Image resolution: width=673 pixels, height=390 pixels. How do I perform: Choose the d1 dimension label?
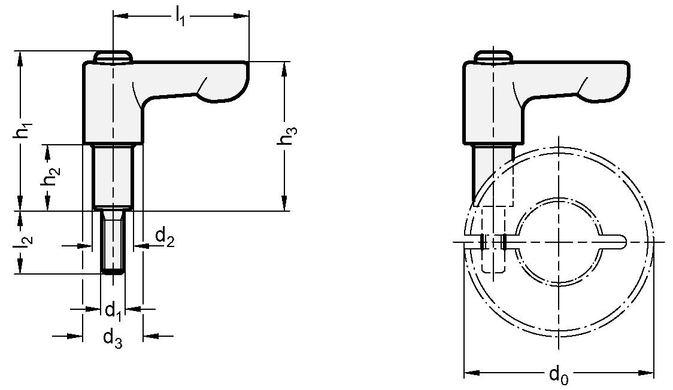point(113,310)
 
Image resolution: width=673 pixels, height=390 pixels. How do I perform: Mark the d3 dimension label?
point(112,338)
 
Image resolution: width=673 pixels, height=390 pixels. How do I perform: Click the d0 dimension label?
point(558,376)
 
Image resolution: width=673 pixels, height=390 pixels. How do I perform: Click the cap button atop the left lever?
point(113,56)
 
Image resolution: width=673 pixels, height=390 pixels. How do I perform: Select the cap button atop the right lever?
point(493,56)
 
